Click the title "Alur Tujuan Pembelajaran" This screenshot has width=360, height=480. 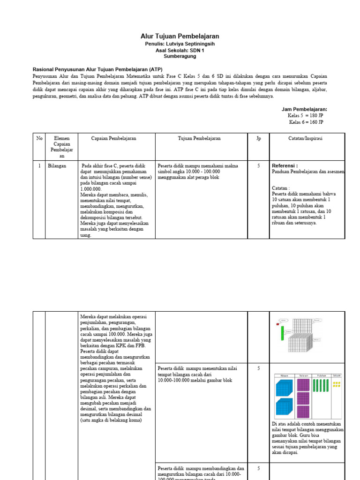[180, 36]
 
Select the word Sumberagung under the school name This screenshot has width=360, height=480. [180, 56]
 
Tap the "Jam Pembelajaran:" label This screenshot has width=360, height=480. [304, 109]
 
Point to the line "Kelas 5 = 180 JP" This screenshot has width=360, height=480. [305, 115]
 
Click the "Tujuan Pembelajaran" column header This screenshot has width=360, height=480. [199, 138]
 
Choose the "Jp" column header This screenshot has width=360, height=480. [258, 138]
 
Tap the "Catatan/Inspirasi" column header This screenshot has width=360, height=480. [305, 138]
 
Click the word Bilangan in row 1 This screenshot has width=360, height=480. [57, 165]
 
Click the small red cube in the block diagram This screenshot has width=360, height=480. [278, 324]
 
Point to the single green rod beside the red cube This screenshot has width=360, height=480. [283, 333]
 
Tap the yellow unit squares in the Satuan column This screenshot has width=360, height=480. [336, 384]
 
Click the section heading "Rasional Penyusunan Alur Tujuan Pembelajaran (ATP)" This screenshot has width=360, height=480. [97, 68]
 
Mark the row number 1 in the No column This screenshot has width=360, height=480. [39, 165]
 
